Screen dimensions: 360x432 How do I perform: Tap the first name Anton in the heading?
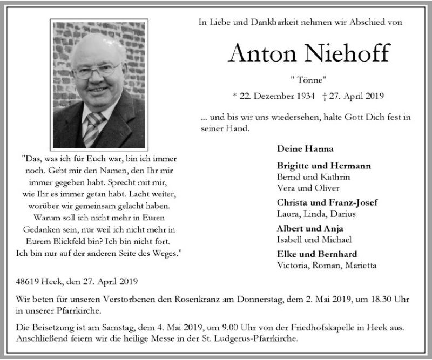[x=259, y=54]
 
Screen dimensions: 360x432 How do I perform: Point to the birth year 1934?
[x=299, y=97]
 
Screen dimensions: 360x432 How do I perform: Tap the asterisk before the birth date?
[x=235, y=97]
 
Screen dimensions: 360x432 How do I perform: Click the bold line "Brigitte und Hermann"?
[x=318, y=166]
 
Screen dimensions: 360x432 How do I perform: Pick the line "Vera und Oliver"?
[x=308, y=188]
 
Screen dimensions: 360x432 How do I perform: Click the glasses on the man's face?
[x=97, y=71]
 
